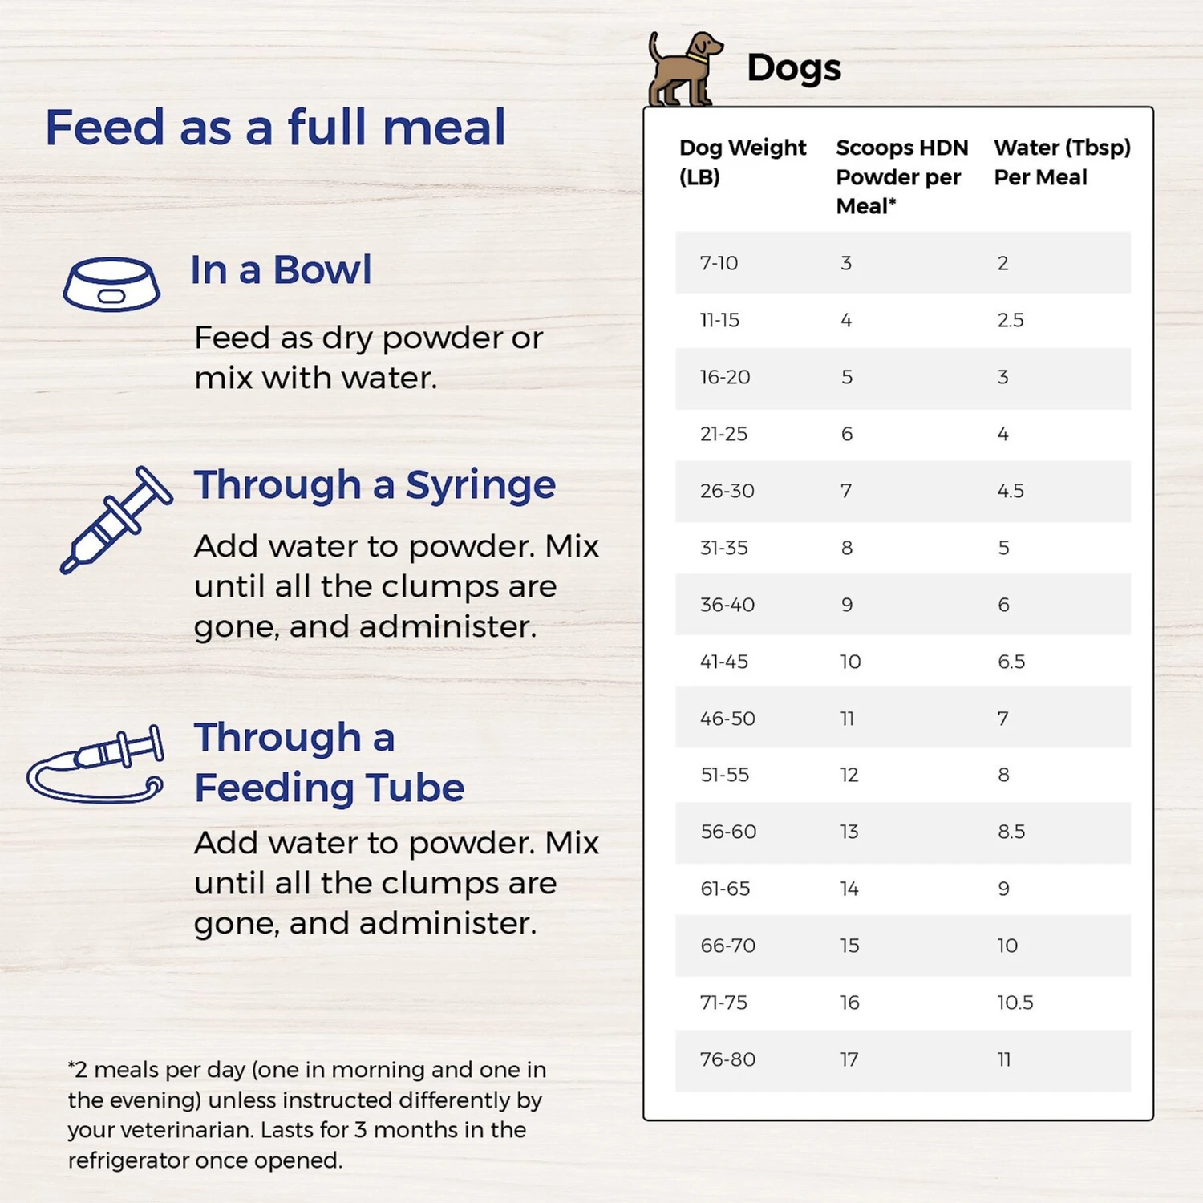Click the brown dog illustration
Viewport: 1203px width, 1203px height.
(x=683, y=70)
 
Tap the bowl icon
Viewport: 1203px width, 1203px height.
(x=111, y=284)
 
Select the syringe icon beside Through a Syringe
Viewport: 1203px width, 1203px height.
(x=116, y=519)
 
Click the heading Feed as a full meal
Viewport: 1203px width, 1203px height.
(x=275, y=128)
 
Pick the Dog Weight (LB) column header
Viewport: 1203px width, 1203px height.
(x=742, y=162)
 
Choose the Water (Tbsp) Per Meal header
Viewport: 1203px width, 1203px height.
(x=1062, y=162)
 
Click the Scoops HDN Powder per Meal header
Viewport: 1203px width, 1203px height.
(x=901, y=176)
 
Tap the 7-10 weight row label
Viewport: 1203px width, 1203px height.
(x=719, y=263)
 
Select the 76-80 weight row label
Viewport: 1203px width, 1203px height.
(x=727, y=1059)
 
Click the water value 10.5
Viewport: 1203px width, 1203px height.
(x=1015, y=1003)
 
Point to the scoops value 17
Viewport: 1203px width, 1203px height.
(x=849, y=1059)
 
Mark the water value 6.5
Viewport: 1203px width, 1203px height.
(x=1011, y=662)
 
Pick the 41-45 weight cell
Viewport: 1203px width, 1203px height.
(x=723, y=662)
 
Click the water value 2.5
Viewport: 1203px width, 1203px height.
(x=1011, y=320)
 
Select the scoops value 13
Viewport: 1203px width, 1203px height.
(x=849, y=832)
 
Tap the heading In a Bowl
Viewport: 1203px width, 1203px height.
(x=281, y=270)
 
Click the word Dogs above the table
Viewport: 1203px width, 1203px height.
(x=794, y=68)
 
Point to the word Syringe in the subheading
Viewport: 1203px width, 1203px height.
(x=480, y=486)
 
